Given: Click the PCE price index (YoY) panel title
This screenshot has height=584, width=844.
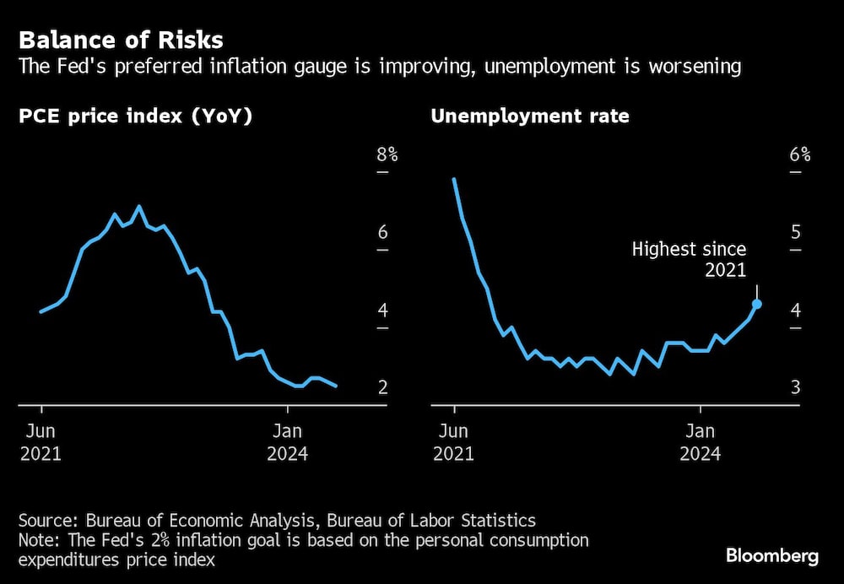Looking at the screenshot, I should click(136, 116).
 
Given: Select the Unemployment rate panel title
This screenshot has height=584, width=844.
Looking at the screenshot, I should click(530, 116).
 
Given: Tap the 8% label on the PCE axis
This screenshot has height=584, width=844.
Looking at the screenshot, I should click(387, 154).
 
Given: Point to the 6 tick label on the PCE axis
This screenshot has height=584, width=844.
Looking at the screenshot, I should click(382, 233).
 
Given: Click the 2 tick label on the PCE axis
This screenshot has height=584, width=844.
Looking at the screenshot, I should click(382, 387).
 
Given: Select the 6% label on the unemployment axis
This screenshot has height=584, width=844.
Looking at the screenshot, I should click(800, 154).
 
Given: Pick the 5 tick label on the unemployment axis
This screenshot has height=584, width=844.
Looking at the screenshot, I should click(795, 233).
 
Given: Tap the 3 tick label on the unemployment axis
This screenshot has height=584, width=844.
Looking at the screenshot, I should click(795, 387).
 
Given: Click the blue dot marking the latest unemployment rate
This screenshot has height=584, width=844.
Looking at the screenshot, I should click(757, 304).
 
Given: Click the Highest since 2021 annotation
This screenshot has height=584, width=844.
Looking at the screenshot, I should click(690, 259).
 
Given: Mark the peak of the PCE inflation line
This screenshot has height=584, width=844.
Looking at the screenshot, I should click(138, 207).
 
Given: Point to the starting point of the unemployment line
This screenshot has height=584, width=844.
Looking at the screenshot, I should click(454, 179).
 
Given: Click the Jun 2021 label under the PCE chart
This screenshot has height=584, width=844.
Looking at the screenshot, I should click(41, 441).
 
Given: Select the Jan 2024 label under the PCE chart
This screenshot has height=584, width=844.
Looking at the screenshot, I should click(287, 441).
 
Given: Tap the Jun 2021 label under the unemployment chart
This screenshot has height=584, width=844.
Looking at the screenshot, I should click(454, 441).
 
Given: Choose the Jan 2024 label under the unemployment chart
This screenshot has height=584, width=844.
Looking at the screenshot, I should click(700, 441).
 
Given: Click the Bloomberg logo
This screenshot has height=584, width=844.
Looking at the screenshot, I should click(772, 556).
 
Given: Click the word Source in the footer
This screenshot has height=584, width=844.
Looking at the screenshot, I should click(45, 520).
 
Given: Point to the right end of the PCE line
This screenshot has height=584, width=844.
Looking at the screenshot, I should click(337, 386).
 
